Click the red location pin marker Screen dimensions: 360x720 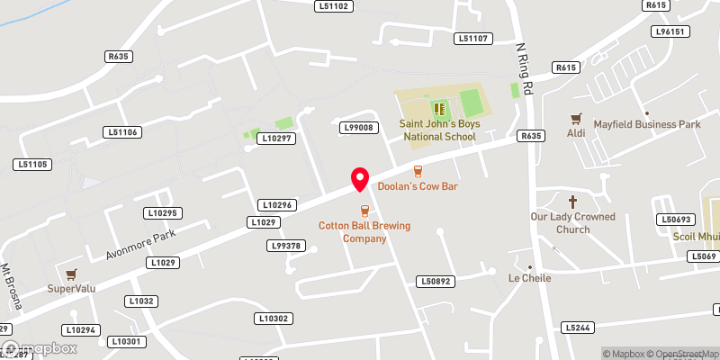click(x=360, y=179)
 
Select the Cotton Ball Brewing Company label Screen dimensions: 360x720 click(x=364, y=232)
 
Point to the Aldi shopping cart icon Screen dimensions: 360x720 click(x=576, y=118)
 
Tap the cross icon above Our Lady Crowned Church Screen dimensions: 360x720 click(x=572, y=201)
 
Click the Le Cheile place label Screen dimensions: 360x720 click(x=529, y=277)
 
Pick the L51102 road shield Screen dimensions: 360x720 click(x=333, y=6)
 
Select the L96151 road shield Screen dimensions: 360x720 click(x=670, y=31)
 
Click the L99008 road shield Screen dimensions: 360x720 click(x=358, y=128)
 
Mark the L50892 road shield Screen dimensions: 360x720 click(x=434, y=282)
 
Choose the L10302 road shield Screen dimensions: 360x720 click(x=273, y=319)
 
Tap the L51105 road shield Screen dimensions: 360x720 click(x=31, y=165)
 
